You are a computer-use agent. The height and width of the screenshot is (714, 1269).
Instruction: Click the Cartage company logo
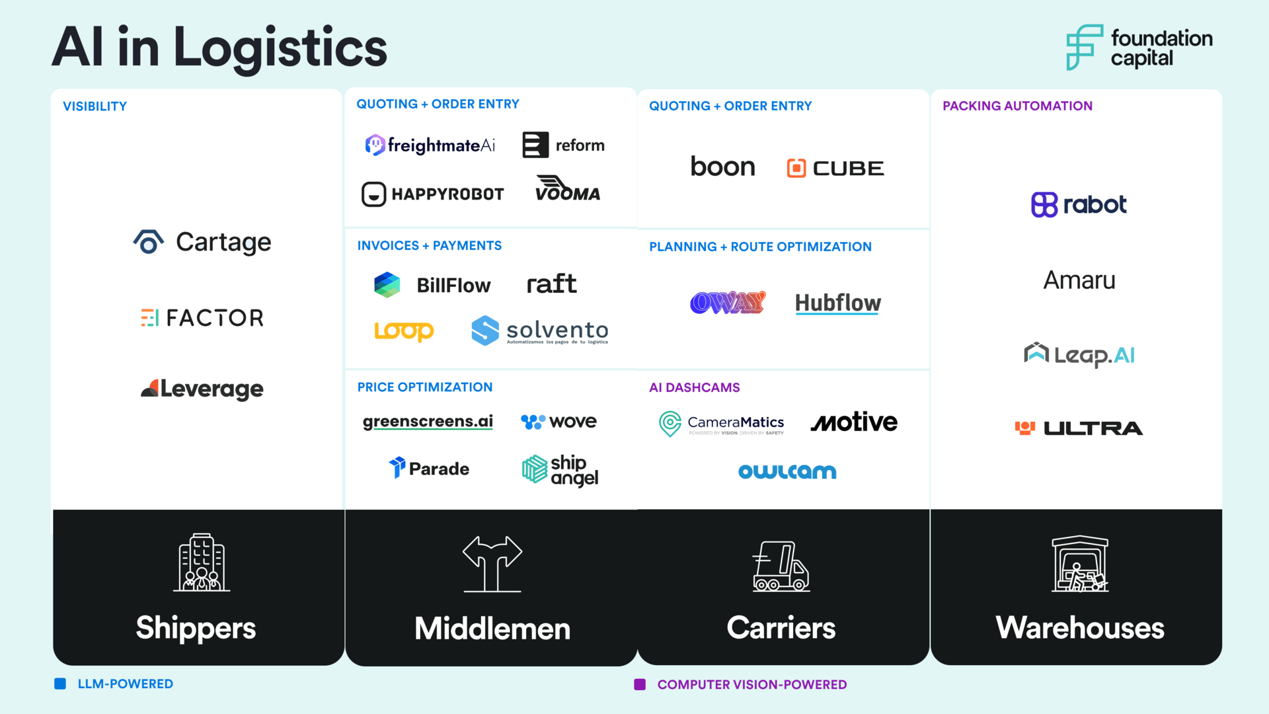coord(202,243)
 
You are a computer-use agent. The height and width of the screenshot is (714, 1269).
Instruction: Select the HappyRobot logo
coord(433,194)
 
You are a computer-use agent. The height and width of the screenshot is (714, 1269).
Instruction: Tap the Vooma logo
coord(567,188)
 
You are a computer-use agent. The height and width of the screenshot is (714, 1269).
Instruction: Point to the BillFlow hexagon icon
coord(387,285)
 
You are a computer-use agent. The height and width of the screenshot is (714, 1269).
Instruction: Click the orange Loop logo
coord(404,331)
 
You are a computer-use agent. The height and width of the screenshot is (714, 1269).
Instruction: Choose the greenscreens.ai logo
coord(428,422)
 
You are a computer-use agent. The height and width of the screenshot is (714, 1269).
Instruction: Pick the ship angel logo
coord(560,470)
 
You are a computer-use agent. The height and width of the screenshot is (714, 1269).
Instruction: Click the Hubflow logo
coord(837,303)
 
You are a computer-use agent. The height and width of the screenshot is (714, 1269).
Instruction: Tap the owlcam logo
coord(787,471)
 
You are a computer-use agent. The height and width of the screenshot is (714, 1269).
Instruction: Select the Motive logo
coord(854,422)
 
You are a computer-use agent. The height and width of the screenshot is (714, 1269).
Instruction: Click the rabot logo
coord(1079,205)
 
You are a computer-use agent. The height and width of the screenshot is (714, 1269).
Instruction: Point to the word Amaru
coord(1079,280)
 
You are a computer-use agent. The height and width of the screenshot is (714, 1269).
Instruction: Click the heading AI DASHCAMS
coord(694,387)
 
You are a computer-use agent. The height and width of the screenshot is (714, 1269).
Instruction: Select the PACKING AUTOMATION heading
coord(1017,106)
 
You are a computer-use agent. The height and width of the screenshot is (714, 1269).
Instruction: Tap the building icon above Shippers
coord(202,563)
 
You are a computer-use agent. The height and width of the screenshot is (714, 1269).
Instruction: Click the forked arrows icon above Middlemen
coord(492,563)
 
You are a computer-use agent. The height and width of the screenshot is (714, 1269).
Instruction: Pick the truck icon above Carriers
coord(781,566)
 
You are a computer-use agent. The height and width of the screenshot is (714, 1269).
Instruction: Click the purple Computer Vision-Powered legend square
coord(640,684)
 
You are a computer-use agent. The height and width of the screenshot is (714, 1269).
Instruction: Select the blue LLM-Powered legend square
coord(60,684)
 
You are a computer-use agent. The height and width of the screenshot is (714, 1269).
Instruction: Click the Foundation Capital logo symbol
coord(1084,48)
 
